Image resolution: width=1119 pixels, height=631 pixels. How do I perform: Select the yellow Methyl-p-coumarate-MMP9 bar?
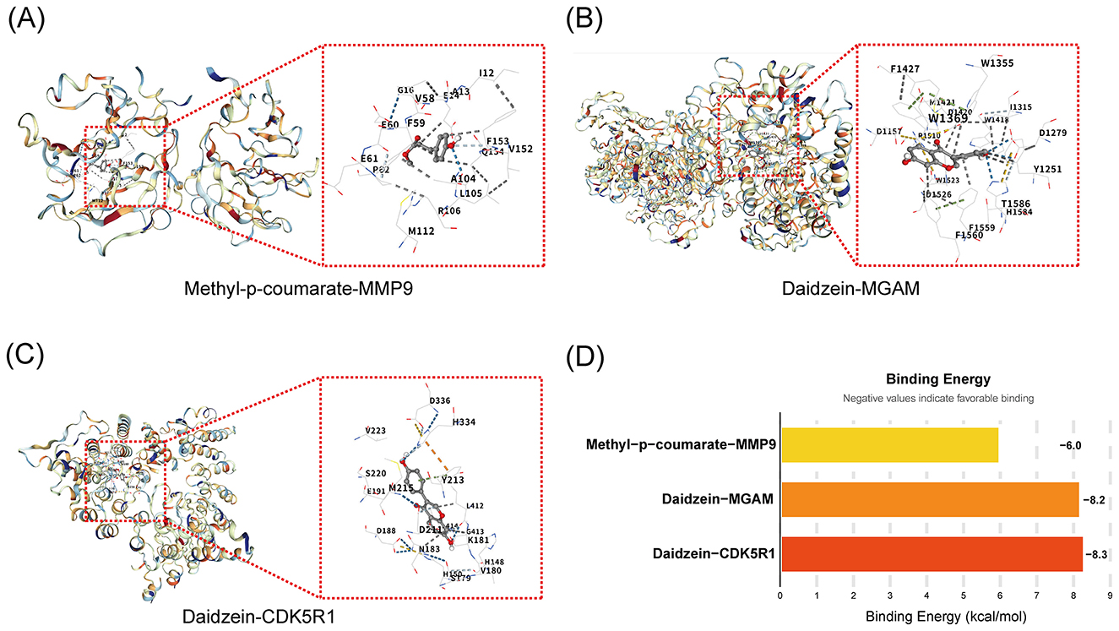[x=889, y=444]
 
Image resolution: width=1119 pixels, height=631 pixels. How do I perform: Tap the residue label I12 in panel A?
[x=486, y=74]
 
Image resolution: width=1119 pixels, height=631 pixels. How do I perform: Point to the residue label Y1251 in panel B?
[x=1047, y=169]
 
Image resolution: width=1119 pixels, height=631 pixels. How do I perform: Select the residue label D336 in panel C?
[x=440, y=400]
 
